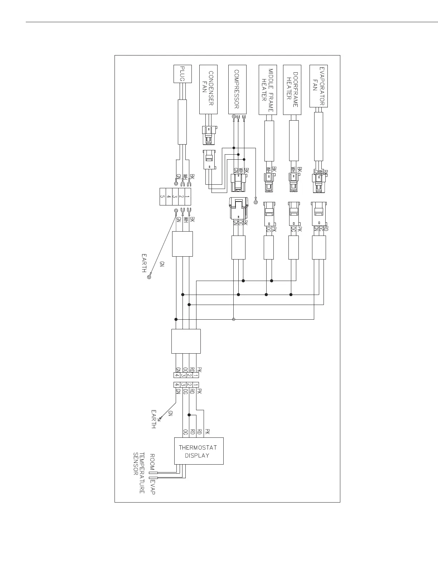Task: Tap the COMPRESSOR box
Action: point(237,89)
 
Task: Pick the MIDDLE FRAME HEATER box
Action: point(268,89)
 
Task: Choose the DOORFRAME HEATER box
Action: point(292,89)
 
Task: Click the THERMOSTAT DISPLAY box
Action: point(199,451)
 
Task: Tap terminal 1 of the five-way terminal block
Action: point(188,197)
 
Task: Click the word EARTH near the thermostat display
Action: point(154,419)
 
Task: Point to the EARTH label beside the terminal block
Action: point(144,263)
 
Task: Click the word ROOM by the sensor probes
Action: point(152,462)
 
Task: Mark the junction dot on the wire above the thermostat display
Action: point(189,415)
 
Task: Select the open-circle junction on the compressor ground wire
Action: point(233,319)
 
